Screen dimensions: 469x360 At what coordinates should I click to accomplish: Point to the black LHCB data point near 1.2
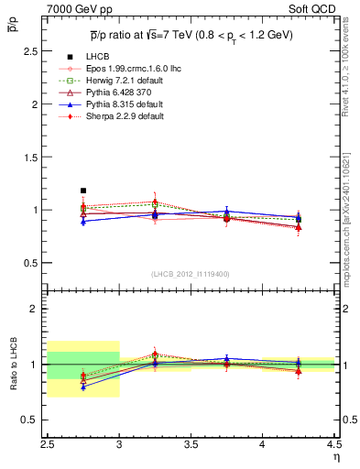pos(83,191)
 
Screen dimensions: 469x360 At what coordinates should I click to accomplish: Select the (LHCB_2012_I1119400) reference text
pos(190,274)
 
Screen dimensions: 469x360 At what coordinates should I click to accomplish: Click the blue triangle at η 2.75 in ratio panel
pos(83,387)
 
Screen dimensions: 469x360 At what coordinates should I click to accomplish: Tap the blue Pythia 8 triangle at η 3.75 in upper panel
pos(226,212)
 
